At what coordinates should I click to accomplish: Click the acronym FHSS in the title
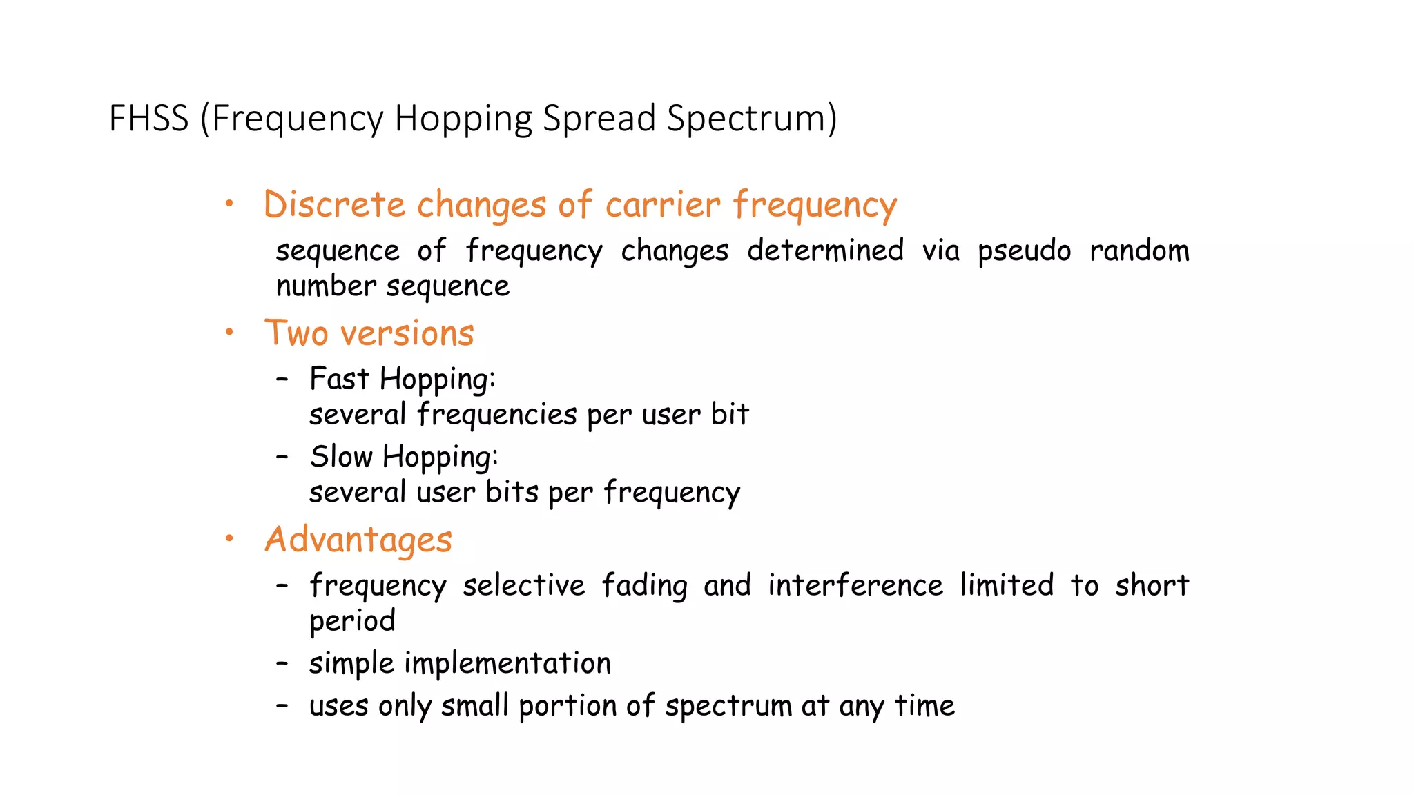click(148, 118)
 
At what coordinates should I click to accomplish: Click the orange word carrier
click(663, 205)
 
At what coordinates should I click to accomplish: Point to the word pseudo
click(1024, 251)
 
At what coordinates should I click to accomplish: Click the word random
click(1139, 251)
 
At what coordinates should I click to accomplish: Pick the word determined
click(825, 251)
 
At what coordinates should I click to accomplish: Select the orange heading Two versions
click(369, 333)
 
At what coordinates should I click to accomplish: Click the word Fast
click(339, 379)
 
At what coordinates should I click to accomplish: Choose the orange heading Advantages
click(358, 539)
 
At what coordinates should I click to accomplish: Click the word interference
click(855, 585)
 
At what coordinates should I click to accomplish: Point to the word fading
click(643, 585)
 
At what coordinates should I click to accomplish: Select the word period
click(352, 621)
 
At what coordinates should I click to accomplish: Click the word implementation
click(507, 663)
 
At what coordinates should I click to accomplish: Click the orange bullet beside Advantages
click(230, 538)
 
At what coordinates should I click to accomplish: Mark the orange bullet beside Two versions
click(230, 333)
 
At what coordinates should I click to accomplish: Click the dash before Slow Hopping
click(282, 456)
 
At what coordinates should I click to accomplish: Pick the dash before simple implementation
click(282, 663)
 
